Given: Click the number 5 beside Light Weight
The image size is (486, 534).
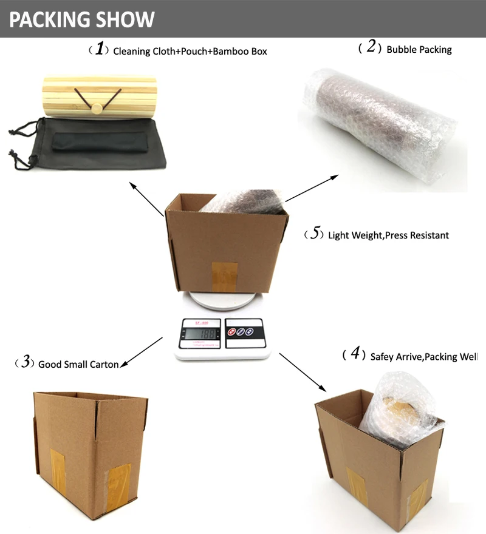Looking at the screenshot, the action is click(314, 234).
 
